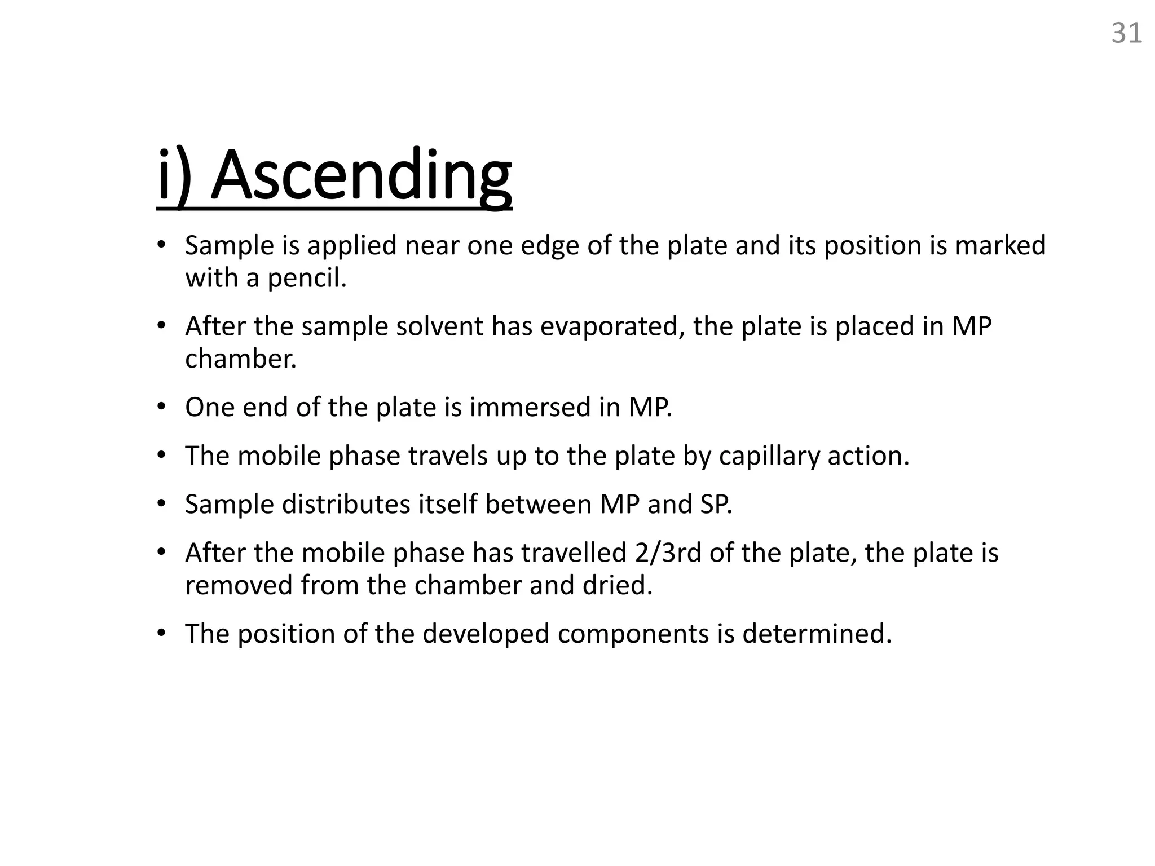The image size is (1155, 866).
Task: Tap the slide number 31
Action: point(1126,34)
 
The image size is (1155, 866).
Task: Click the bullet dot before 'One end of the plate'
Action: point(162,407)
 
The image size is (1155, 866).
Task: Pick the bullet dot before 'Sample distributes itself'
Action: point(162,503)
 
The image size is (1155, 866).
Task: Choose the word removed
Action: point(239,585)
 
